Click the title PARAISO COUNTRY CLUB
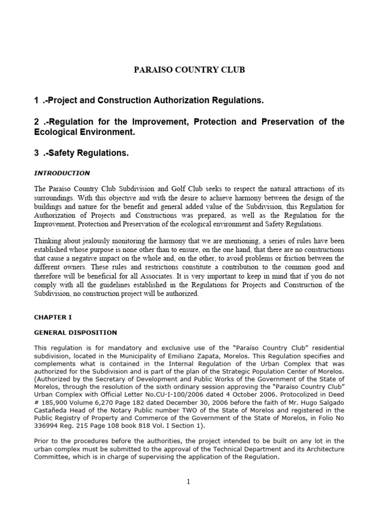(189, 70)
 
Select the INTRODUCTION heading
(62, 173)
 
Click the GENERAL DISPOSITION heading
(76, 333)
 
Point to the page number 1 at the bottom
(189, 482)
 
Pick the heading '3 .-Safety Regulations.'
(81, 154)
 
